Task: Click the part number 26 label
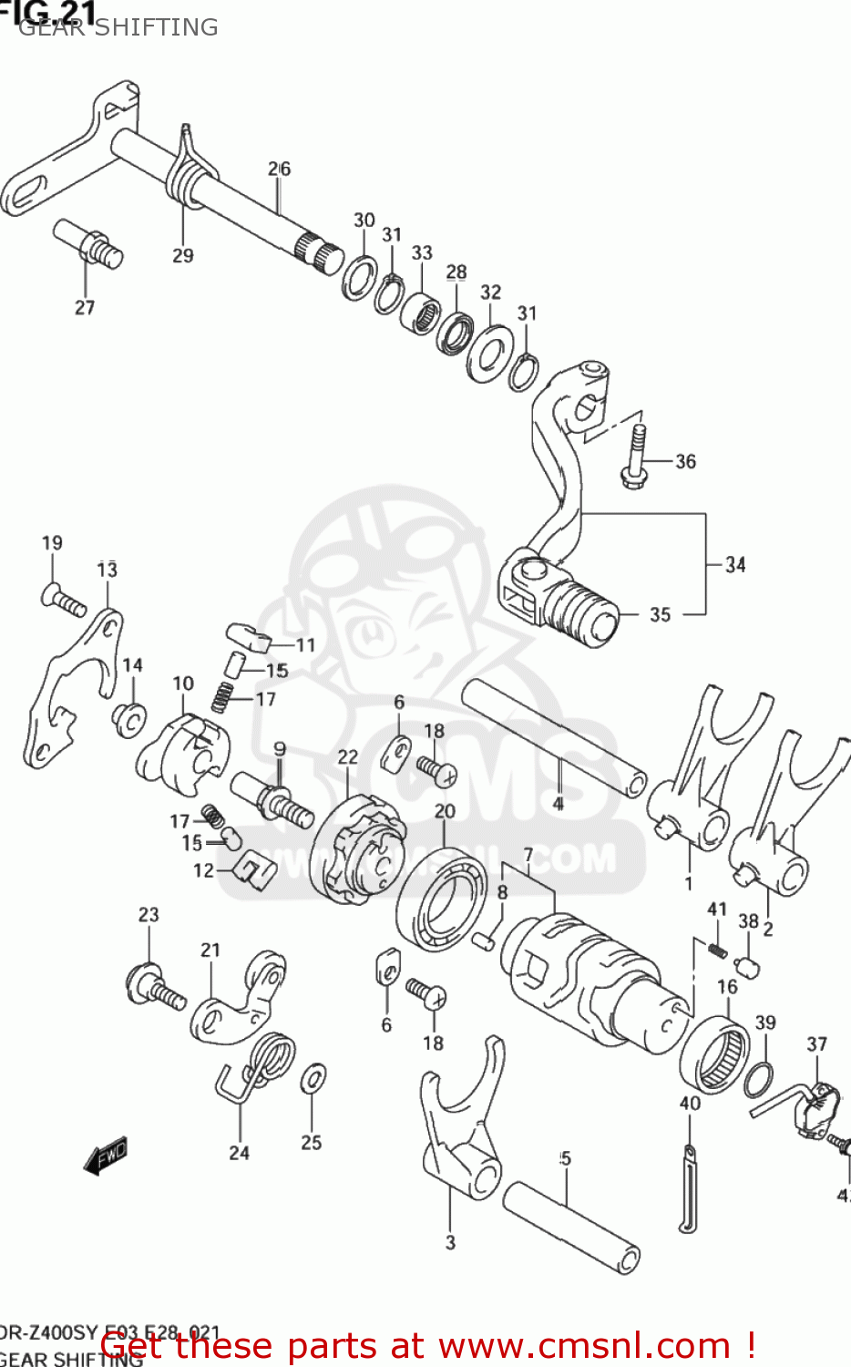(x=279, y=169)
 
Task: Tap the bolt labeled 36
(x=635, y=455)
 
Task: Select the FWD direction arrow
(x=106, y=1156)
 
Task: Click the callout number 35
(x=660, y=614)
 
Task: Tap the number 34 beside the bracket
(x=735, y=565)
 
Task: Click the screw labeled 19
(x=63, y=599)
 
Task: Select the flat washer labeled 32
(x=488, y=354)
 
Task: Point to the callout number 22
(x=348, y=756)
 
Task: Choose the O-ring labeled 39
(x=759, y=1080)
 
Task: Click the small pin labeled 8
(x=484, y=939)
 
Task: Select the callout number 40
(x=690, y=1104)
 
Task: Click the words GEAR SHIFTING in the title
(x=118, y=27)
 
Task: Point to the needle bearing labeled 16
(x=714, y=1053)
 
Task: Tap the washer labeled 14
(x=128, y=719)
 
